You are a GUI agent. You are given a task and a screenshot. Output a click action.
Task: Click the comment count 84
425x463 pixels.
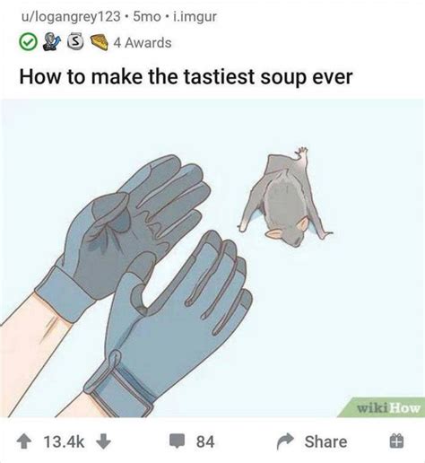pos(204,441)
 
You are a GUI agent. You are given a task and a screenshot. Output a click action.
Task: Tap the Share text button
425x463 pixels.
pos(325,441)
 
